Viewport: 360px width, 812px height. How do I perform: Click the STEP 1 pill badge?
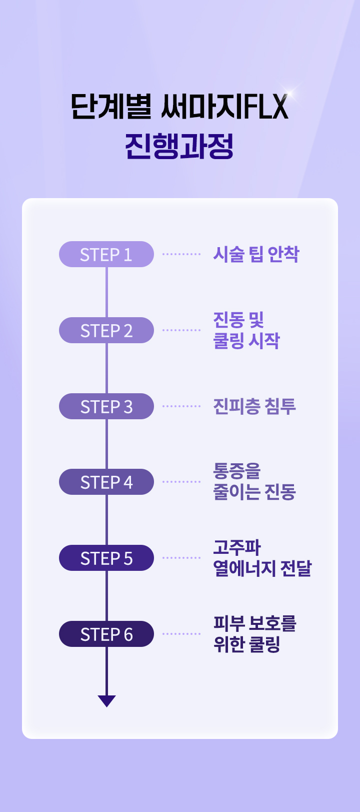pos(106,254)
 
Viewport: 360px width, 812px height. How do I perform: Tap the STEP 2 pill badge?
pos(106,330)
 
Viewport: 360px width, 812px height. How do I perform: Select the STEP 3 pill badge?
pos(106,406)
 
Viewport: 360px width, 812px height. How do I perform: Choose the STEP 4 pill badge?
pos(106,482)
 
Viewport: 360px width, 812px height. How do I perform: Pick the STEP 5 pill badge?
pos(106,558)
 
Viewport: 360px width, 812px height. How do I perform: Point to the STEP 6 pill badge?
pos(106,634)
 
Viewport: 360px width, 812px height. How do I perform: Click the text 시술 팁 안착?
pos(255,254)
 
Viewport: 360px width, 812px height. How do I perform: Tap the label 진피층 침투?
pos(254,406)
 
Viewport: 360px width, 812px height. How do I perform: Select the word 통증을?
pos(237,471)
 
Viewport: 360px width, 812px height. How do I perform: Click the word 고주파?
pos(237,547)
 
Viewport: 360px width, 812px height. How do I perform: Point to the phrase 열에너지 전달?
pos(262,568)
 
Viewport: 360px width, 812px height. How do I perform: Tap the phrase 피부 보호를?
pos(254,623)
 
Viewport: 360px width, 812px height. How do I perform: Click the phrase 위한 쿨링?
pos(246,644)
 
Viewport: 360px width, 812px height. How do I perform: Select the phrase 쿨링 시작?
pos(246,341)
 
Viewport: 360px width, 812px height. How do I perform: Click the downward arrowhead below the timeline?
pos(106,700)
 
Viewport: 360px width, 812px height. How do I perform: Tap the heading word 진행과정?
pos(179,146)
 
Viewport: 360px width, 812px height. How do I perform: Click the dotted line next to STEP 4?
pos(181,482)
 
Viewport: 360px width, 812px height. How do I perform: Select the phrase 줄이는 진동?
pos(254,492)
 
